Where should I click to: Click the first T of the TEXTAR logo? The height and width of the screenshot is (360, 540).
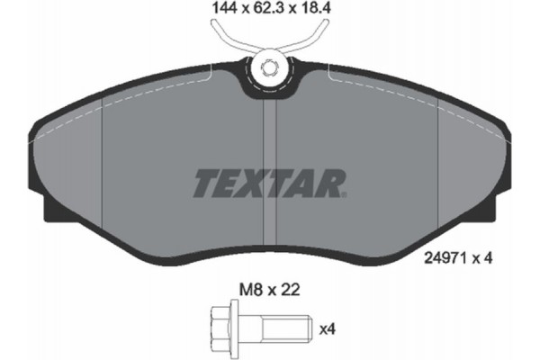[206, 184]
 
